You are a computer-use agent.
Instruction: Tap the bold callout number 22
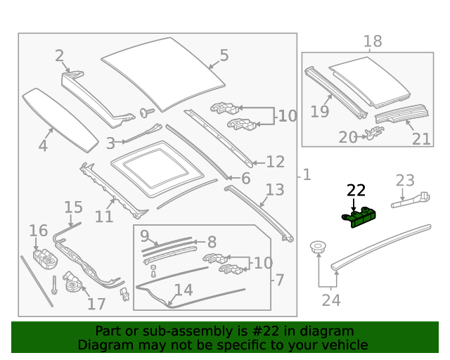point(356,190)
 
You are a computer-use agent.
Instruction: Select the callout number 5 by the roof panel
point(224,55)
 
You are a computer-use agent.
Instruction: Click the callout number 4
point(43,146)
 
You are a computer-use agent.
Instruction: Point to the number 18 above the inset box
point(373,41)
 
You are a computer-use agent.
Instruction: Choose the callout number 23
point(405,181)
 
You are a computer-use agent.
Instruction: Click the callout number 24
point(330,300)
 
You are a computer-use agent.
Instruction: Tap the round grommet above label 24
point(319,247)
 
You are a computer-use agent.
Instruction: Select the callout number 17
point(96,304)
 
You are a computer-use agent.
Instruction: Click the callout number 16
point(38,231)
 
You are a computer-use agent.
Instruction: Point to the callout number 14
point(183,290)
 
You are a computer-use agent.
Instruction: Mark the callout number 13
point(275,189)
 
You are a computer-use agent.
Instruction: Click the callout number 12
point(275,162)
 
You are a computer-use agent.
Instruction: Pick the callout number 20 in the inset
point(348,137)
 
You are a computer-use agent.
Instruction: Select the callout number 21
point(421,139)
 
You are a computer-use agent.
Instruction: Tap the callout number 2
point(60,56)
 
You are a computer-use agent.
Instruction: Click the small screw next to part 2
point(148,112)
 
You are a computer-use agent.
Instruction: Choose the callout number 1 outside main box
point(307,174)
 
